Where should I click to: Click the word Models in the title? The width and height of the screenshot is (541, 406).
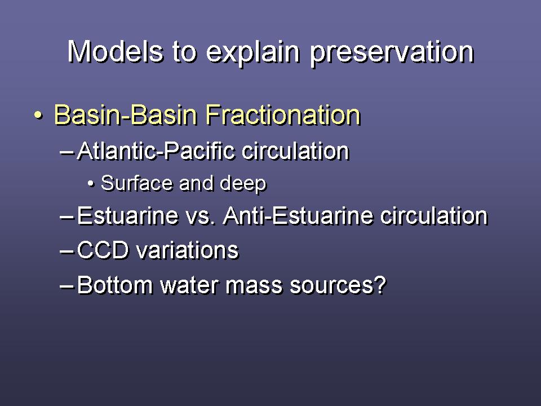[x=115, y=51]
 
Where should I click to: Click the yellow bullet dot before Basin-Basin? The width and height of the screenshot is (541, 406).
[x=39, y=114]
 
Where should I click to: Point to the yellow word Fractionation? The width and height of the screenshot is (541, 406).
[x=283, y=114]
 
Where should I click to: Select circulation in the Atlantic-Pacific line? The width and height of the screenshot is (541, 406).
[x=295, y=151]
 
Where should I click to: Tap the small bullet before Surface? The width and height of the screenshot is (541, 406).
[x=91, y=183]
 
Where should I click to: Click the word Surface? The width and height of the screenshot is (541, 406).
[x=136, y=183]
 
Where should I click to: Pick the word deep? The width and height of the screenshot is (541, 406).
[x=243, y=184]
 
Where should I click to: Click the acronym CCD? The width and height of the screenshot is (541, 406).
[x=103, y=250]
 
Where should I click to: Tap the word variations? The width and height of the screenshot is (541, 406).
[x=187, y=250]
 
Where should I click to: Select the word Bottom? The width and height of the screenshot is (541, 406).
[x=115, y=285]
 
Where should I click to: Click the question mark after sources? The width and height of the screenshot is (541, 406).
[x=380, y=285]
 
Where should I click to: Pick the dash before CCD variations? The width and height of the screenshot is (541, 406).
[x=66, y=251]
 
